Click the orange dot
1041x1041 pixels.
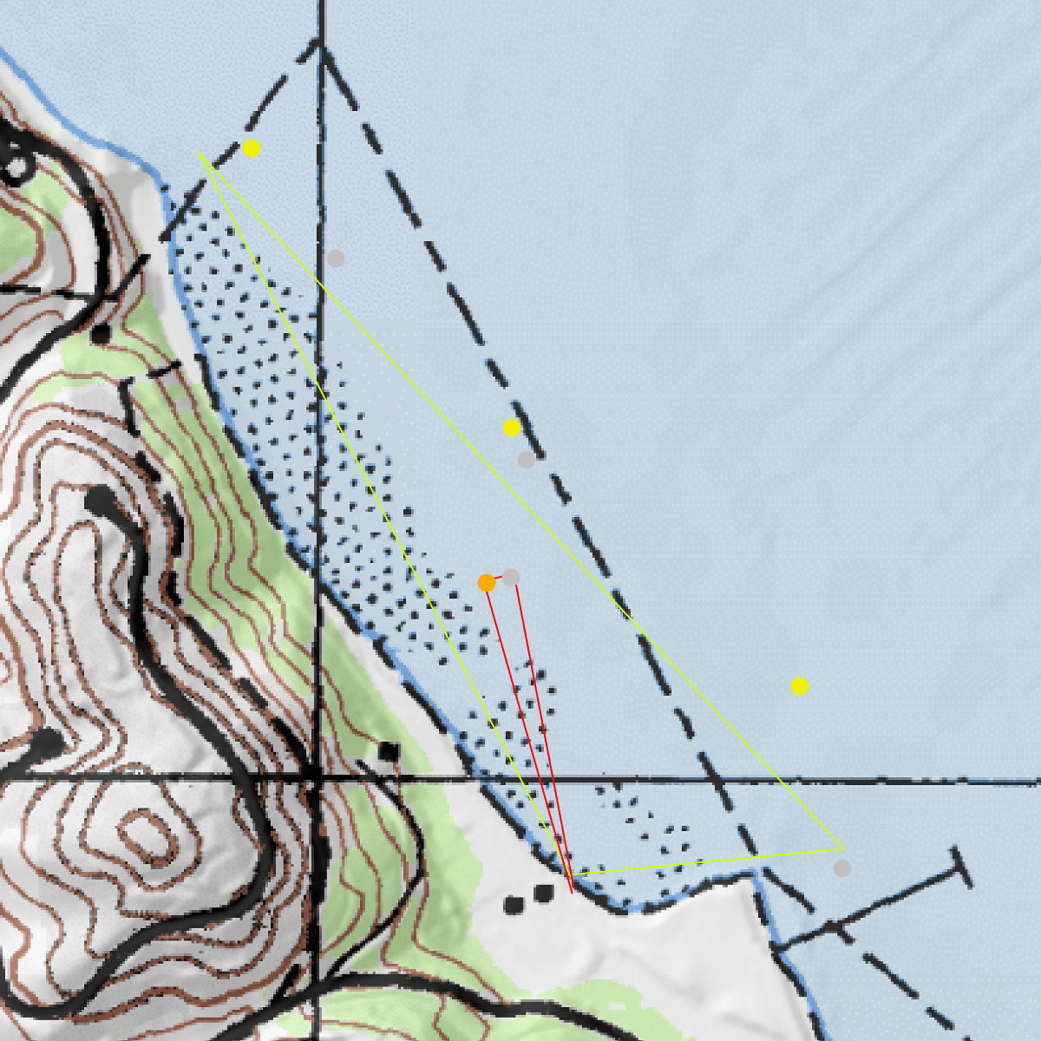pyautogui.click(x=487, y=583)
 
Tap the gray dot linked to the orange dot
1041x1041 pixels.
pyautogui.click(x=511, y=578)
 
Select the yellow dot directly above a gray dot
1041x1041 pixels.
pyautogui.click(x=512, y=428)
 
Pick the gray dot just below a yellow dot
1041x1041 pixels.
pyautogui.click(x=527, y=460)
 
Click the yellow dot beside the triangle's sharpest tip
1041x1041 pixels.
pyautogui.click(x=252, y=148)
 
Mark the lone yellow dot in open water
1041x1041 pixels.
pyautogui.click(x=800, y=687)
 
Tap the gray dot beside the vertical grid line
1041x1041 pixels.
pyautogui.click(x=336, y=259)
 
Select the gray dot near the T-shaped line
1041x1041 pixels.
pyautogui.click(x=842, y=868)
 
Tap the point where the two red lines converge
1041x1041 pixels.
pyautogui.click(x=573, y=891)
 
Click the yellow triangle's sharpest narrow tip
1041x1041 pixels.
pyautogui.click(x=199, y=154)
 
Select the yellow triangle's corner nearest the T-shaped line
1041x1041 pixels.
pyautogui.click(x=841, y=848)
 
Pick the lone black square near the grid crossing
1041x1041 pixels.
pyautogui.click(x=389, y=752)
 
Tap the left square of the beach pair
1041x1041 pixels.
pyautogui.click(x=514, y=906)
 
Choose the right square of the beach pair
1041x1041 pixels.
pyautogui.click(x=544, y=894)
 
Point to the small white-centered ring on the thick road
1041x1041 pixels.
pyautogui.click(x=19, y=164)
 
